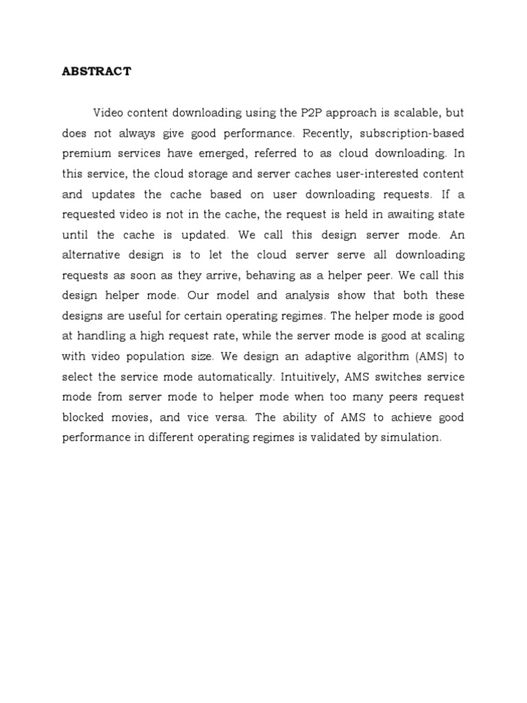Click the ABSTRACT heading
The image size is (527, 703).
click(x=96, y=71)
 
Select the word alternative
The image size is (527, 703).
click(x=91, y=254)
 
